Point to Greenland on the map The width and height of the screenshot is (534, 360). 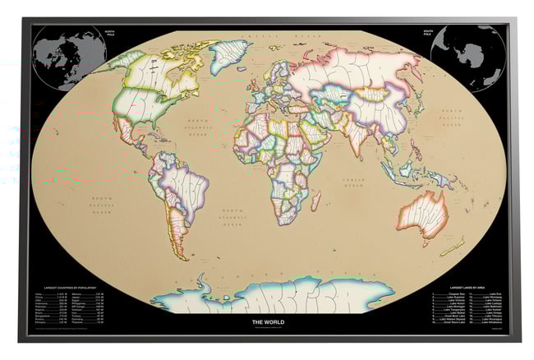[x=228, y=57]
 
